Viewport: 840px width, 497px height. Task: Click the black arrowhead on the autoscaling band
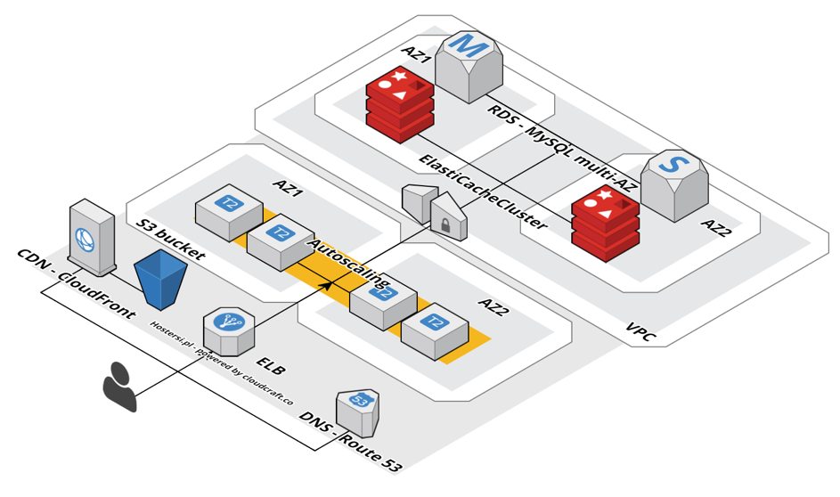[x=327, y=284]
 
